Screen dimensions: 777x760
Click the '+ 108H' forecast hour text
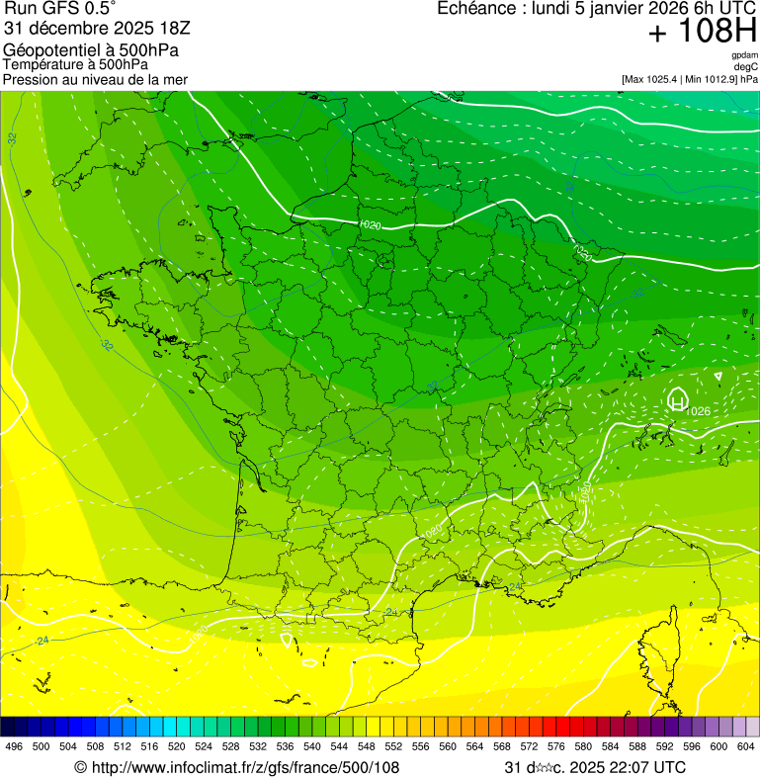[703, 32]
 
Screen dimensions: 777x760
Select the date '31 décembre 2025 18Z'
[82, 28]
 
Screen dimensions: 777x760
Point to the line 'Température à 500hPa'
[83, 64]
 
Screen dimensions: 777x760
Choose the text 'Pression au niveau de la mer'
[95, 79]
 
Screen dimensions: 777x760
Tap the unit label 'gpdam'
[744, 55]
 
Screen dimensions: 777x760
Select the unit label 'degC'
[746, 66]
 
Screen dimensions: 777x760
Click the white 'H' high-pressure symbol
[677, 399]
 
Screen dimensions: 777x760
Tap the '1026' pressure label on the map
[698, 411]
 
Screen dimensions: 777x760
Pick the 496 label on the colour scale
[14, 746]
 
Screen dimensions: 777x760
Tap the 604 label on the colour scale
[745, 746]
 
